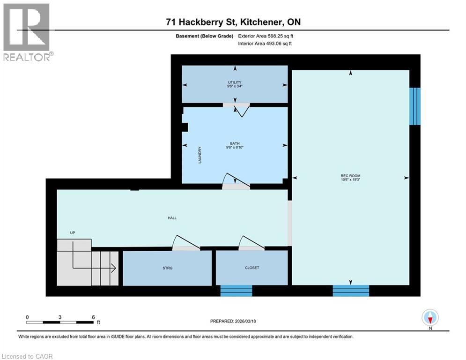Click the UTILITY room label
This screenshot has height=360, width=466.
pyautogui.click(x=235, y=82)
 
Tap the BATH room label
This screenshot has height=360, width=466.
pyautogui.click(x=235, y=143)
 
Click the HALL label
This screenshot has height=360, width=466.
pyautogui.click(x=172, y=217)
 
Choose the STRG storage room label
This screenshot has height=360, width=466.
pyautogui.click(x=167, y=268)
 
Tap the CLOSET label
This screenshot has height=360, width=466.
pyautogui.click(x=251, y=268)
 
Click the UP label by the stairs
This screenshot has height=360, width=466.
pyautogui.click(x=73, y=232)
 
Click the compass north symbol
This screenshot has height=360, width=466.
pyautogui.click(x=429, y=317)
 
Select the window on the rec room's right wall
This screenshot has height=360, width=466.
pyautogui.click(x=414, y=106)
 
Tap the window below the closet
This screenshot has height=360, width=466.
pyautogui.click(x=237, y=291)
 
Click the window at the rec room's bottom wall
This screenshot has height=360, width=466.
pyautogui.click(x=351, y=291)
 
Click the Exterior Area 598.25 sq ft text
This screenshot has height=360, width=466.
pyautogui.click(x=266, y=36)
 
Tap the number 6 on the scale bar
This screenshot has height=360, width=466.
pyautogui.click(x=93, y=316)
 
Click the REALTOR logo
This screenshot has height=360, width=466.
pyautogui.click(x=27, y=32)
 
